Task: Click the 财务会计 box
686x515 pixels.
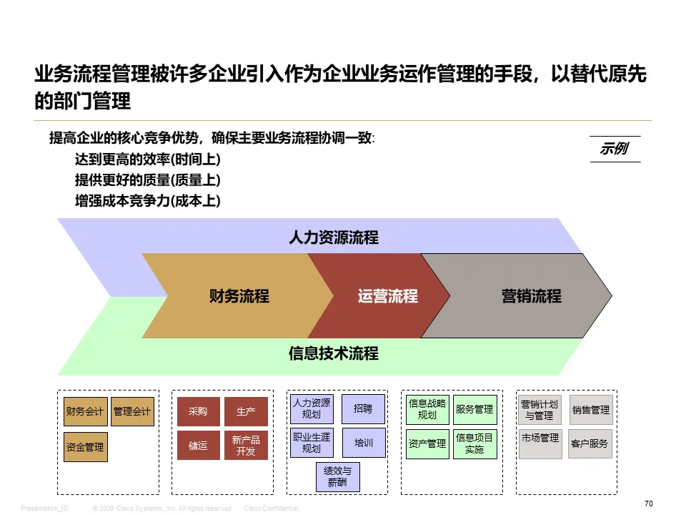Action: (x=85, y=411)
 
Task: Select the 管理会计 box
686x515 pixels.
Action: (x=132, y=411)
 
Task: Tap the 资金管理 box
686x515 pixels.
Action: (x=85, y=447)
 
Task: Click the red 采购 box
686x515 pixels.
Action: (x=198, y=411)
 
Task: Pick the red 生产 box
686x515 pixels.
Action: (x=246, y=411)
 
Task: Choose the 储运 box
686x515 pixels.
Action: (x=198, y=446)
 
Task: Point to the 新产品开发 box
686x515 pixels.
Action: (x=246, y=446)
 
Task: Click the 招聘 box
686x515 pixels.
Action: (x=363, y=409)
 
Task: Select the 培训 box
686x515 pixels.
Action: (x=363, y=443)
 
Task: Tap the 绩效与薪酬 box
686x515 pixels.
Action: (x=337, y=477)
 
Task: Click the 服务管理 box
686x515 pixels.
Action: (x=474, y=409)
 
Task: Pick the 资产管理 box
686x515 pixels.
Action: (x=427, y=443)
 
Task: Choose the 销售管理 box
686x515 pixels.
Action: (x=590, y=410)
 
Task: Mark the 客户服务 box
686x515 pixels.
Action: (x=590, y=443)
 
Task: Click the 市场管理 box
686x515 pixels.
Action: (x=540, y=438)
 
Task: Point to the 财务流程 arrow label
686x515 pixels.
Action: (x=239, y=296)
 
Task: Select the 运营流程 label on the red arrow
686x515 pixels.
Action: (x=387, y=296)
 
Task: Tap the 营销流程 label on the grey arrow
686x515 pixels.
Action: (x=531, y=296)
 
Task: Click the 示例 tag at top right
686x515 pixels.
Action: (x=614, y=149)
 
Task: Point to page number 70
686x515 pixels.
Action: (x=649, y=504)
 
